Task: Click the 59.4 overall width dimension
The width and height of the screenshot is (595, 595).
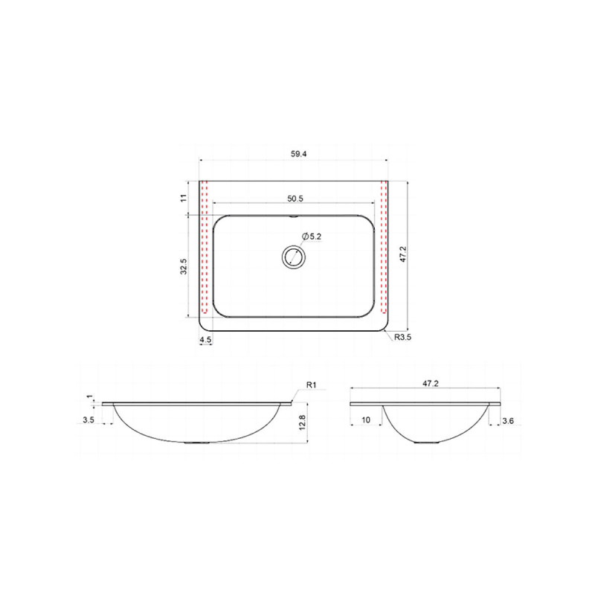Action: (299, 154)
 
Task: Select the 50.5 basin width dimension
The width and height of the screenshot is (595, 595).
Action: (295, 199)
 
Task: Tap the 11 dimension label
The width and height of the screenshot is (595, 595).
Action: (184, 198)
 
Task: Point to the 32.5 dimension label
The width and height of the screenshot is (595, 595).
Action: (184, 266)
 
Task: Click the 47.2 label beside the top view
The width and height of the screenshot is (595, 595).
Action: (403, 254)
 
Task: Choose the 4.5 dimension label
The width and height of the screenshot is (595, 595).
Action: (205, 340)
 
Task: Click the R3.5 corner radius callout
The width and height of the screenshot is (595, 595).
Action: (402, 337)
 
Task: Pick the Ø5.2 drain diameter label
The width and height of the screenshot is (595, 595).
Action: (312, 237)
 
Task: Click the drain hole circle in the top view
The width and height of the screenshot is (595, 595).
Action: (294, 257)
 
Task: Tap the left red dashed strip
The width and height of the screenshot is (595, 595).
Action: (204, 248)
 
